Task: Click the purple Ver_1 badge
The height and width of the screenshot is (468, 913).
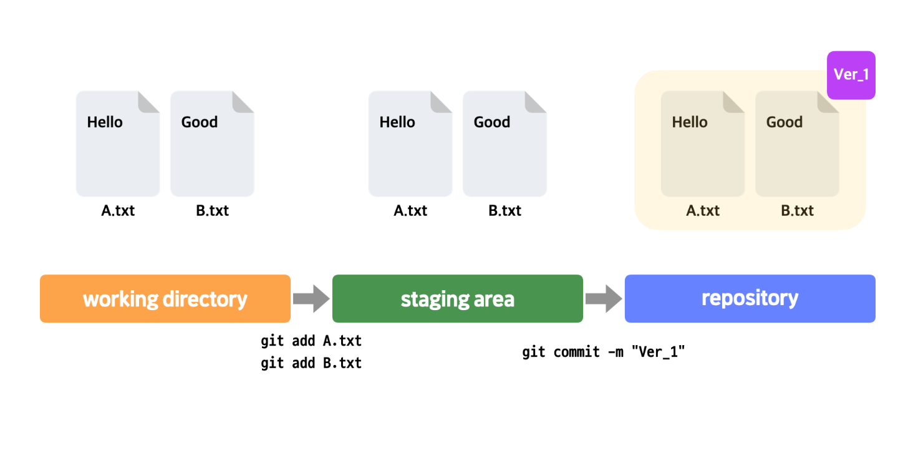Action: point(851,75)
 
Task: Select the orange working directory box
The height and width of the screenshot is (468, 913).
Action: point(165,299)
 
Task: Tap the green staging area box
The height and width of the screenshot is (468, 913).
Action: point(457,299)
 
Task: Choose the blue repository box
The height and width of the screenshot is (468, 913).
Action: point(750,299)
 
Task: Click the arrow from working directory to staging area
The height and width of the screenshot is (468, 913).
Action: point(311,299)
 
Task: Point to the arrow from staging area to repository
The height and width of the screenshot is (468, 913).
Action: point(604,299)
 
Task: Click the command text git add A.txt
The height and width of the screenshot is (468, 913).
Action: point(311,341)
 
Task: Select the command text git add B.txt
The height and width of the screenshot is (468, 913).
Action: point(311,363)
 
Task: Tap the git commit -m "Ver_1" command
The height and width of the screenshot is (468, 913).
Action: point(603,352)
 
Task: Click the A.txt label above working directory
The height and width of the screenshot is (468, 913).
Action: point(118,211)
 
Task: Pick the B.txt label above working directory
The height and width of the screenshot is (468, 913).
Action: point(212,211)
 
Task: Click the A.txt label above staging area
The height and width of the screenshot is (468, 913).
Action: point(410,211)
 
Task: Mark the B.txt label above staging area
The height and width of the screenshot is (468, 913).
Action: point(505,211)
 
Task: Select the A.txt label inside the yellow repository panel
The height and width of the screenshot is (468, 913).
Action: point(703,211)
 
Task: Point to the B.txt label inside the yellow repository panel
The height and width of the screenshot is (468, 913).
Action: point(797,211)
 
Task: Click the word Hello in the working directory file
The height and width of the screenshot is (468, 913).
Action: point(105,122)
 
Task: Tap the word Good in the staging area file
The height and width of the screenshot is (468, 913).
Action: point(492,122)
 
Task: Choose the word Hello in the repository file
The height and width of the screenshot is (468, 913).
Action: point(690,122)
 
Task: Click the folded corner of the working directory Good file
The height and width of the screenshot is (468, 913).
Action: point(244,102)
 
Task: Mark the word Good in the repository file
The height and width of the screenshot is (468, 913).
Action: point(784,122)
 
